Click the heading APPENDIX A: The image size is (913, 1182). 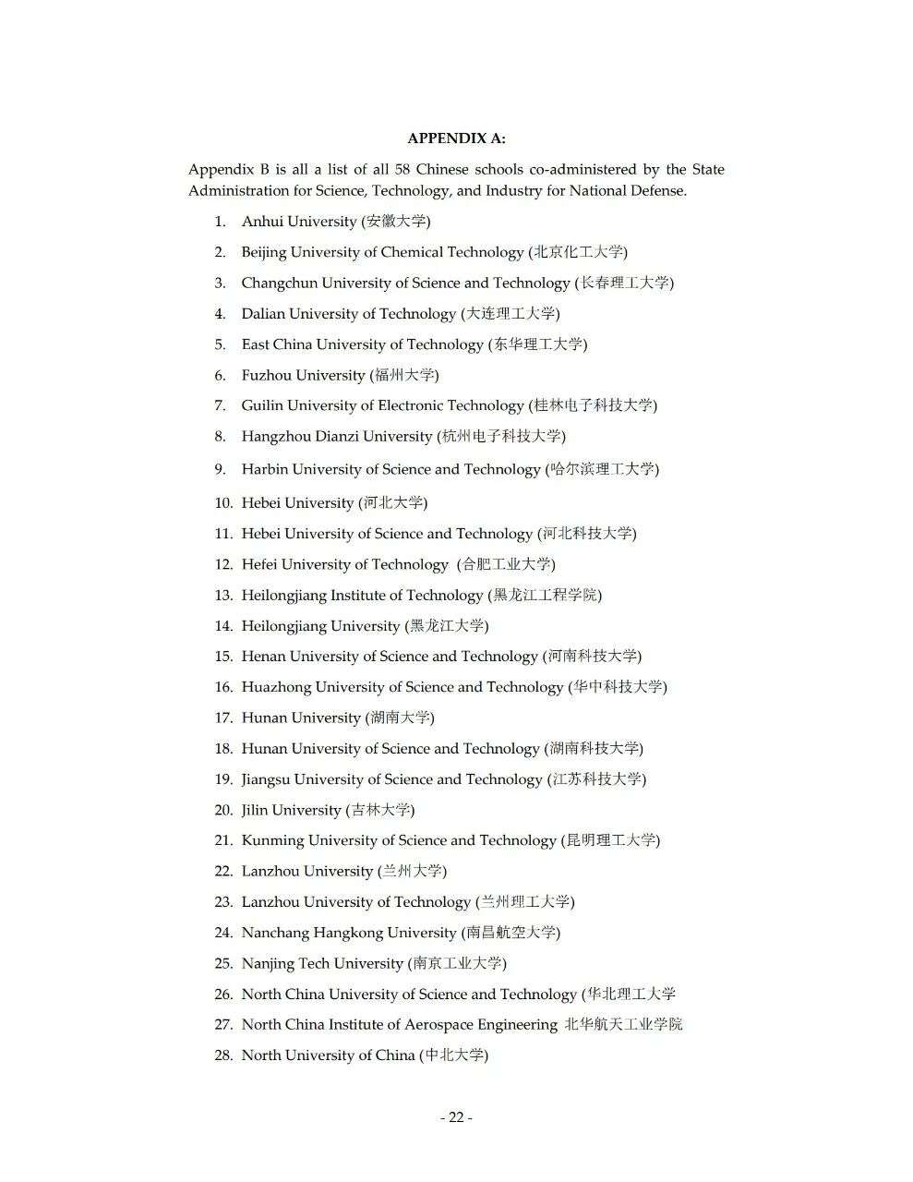click(456, 139)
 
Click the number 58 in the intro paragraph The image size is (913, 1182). click(403, 169)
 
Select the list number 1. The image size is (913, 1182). click(220, 222)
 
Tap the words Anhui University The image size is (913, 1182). click(298, 222)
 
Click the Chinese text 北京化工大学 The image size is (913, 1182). click(579, 252)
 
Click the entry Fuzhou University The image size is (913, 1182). click(303, 375)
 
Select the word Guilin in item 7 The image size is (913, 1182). click(262, 405)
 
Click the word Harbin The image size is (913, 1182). click(265, 469)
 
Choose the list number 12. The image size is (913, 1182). click(223, 564)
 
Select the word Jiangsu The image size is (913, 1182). click(266, 779)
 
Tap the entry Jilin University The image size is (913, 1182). click(291, 810)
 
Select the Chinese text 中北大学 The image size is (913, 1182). click(454, 1055)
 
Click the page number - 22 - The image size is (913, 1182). click(456, 1117)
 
